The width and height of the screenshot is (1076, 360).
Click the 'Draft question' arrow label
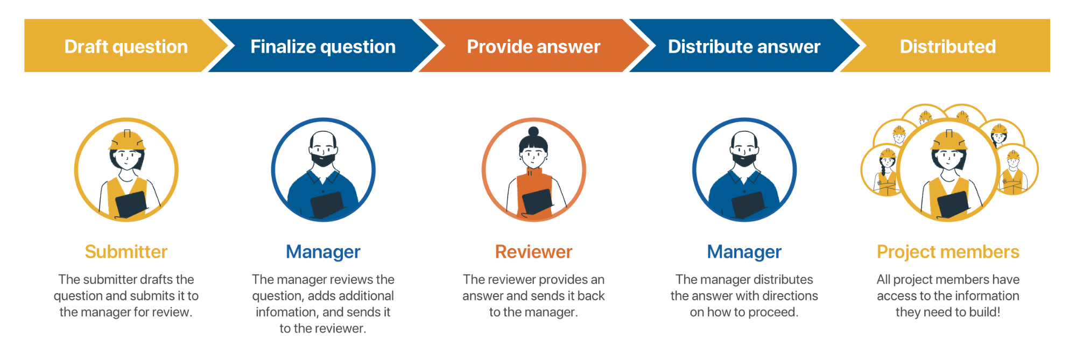tap(126, 47)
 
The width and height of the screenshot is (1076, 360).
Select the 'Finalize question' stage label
tap(323, 47)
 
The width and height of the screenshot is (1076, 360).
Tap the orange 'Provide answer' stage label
tap(533, 47)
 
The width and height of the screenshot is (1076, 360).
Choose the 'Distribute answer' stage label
tap(744, 47)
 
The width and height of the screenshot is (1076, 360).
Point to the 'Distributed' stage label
tap(948, 47)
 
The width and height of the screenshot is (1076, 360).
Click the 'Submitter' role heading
tap(126, 252)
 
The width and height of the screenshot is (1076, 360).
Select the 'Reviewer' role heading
tap(533, 252)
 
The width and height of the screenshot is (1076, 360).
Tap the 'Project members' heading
tap(948, 252)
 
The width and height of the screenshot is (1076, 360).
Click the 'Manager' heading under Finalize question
tap(323, 252)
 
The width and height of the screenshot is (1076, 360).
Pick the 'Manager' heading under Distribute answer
tap(744, 252)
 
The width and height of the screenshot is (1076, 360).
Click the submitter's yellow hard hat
tap(126, 140)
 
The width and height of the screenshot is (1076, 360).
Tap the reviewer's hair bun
tap(533, 131)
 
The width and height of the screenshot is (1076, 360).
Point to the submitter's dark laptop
tap(131, 204)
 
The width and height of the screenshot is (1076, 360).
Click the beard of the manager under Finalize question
tap(323, 158)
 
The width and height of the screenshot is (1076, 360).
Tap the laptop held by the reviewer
tap(537, 201)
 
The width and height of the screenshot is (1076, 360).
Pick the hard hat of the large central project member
tap(949, 140)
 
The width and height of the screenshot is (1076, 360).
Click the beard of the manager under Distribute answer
tap(744, 158)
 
